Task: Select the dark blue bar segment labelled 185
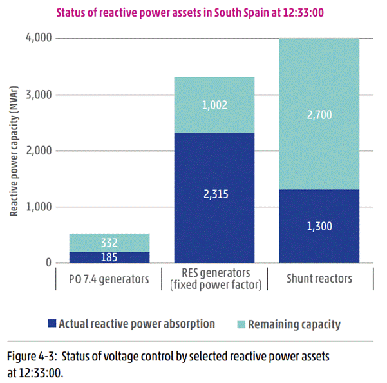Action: [x=109, y=257]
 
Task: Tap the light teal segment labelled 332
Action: [x=109, y=243]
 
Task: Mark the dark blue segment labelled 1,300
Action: [x=319, y=226]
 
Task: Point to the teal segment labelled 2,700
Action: [x=319, y=114]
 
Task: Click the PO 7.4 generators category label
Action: [x=109, y=278]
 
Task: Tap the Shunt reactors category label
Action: [x=319, y=278]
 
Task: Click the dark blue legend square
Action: [x=53, y=324]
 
